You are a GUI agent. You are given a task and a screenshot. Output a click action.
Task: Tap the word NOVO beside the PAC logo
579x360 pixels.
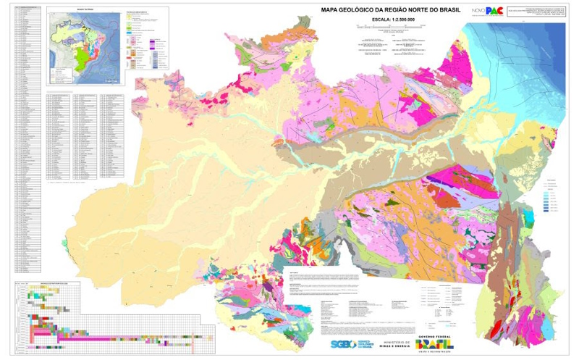(x=477, y=11)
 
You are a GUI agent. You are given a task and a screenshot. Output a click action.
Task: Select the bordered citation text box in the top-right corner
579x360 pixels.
(x=537, y=13)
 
